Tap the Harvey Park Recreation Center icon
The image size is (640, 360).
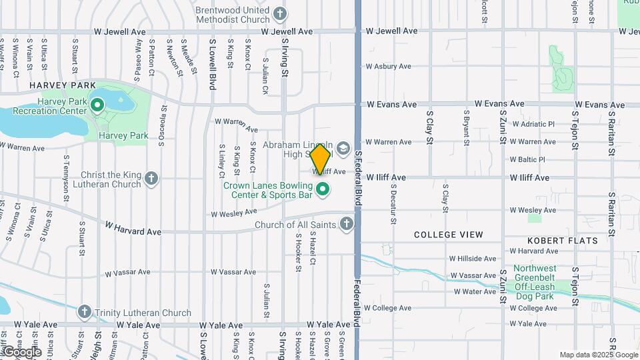97,105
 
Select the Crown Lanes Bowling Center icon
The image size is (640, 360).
323,190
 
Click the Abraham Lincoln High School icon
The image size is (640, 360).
343,147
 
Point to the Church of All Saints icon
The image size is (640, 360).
347,224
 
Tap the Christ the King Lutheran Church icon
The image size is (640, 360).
152,179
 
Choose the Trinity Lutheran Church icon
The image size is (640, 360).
84,311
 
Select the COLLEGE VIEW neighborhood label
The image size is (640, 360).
449,235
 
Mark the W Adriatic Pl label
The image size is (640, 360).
533,124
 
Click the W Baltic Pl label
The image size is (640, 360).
528,159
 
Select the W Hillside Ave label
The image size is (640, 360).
473,259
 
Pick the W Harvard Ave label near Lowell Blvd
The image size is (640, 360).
133,232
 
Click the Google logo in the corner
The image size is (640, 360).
21,352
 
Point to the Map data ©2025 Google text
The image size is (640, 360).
599,355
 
